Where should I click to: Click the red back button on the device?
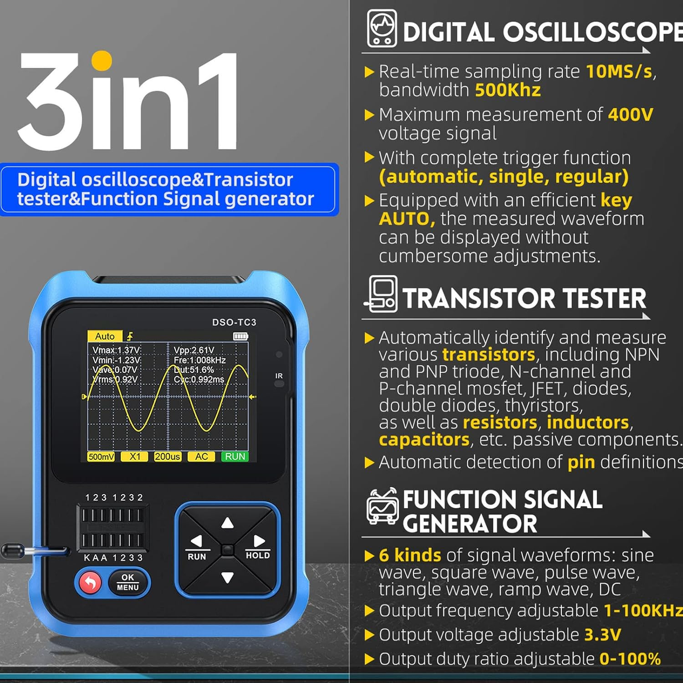pyautogui.click(x=90, y=582)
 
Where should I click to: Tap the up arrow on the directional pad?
pyautogui.click(x=227, y=523)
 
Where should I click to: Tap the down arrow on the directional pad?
pyautogui.click(x=227, y=578)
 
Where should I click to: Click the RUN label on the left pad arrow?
pyautogui.click(x=197, y=556)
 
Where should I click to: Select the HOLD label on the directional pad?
pyautogui.click(x=258, y=555)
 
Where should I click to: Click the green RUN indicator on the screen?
pyautogui.click(x=235, y=457)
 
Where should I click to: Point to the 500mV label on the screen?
pyautogui.click(x=101, y=457)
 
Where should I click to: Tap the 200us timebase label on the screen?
pyautogui.click(x=168, y=457)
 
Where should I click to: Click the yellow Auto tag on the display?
pyautogui.click(x=105, y=336)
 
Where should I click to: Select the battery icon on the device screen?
pyautogui.click(x=240, y=336)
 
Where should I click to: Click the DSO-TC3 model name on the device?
pyautogui.click(x=234, y=322)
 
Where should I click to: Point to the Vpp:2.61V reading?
pyautogui.click(x=194, y=350)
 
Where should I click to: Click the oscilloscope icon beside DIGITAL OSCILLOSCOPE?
pyautogui.click(x=382, y=29)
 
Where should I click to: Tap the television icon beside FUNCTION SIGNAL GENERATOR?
pyautogui.click(x=382, y=506)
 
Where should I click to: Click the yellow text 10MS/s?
pyautogui.click(x=619, y=71)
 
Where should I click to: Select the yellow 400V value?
pyautogui.click(x=631, y=114)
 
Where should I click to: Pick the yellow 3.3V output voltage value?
pyautogui.click(x=602, y=634)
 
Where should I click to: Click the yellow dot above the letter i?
pyautogui.click(x=101, y=61)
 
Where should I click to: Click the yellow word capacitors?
pyautogui.click(x=424, y=439)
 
